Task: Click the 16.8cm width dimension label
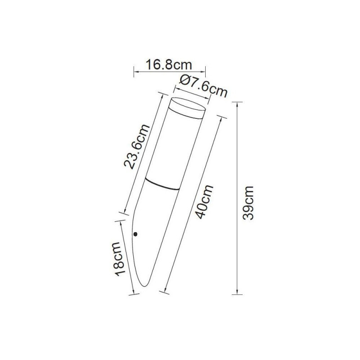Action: pyautogui.click(x=169, y=65)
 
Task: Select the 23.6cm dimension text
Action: pyautogui.click(x=137, y=147)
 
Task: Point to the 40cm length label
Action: pyautogui.click(x=204, y=202)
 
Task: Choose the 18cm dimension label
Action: pyautogui.click(x=120, y=259)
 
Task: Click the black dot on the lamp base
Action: pyautogui.click(x=135, y=234)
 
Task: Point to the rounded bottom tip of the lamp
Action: pyautogui.click(x=144, y=285)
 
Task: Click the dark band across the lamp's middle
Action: pyautogui.click(x=162, y=184)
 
